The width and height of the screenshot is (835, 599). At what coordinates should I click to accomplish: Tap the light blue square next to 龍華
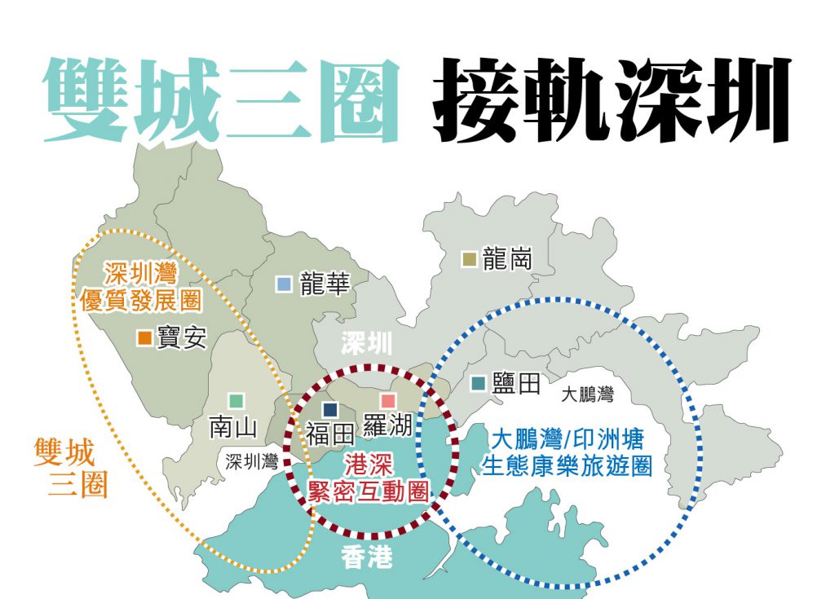pyautogui.click(x=284, y=284)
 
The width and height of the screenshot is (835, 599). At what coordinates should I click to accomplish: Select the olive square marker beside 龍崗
pyautogui.click(x=469, y=259)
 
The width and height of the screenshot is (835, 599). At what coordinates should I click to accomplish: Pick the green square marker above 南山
pyautogui.click(x=236, y=401)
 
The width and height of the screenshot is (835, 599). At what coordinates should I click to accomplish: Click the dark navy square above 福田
pyautogui.click(x=330, y=409)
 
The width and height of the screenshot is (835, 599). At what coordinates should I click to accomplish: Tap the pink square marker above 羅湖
pyautogui.click(x=388, y=401)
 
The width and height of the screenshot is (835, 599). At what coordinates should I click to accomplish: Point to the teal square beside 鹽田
pyautogui.click(x=479, y=382)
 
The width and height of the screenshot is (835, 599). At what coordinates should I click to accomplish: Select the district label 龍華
pyautogui.click(x=325, y=284)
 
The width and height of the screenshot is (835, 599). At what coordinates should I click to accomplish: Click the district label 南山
pyautogui.click(x=233, y=427)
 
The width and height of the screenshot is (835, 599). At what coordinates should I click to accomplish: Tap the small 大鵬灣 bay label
pyautogui.click(x=587, y=395)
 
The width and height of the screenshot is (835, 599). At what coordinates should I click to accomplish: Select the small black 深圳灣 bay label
pyautogui.click(x=252, y=461)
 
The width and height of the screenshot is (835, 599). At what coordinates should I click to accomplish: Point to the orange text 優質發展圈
pyautogui.click(x=141, y=301)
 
